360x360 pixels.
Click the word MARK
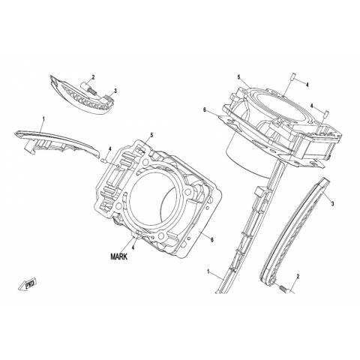[119, 256]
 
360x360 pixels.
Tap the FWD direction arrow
[28, 284]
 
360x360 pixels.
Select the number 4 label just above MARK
[133, 247]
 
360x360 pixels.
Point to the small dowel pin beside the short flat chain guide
[105, 160]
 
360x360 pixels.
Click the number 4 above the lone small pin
[109, 149]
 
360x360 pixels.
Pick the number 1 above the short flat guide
[43, 119]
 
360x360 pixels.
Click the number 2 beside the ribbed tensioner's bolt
[93, 77]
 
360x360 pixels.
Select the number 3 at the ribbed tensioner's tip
[115, 91]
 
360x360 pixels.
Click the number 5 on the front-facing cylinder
[151, 135]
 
